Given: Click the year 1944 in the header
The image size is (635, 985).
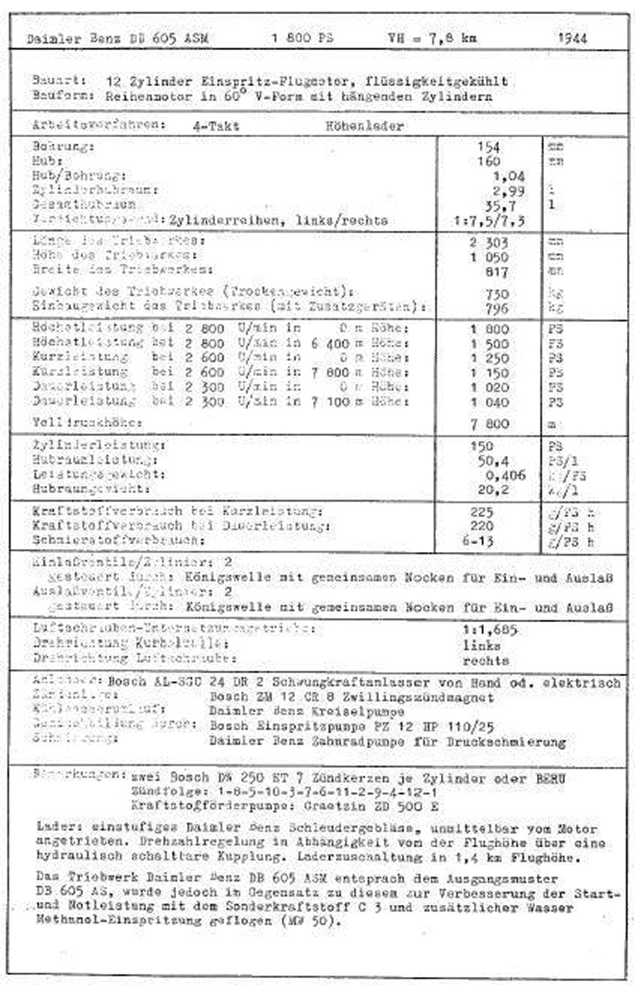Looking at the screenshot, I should tap(572, 38).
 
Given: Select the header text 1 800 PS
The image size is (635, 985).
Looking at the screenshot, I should tap(302, 38).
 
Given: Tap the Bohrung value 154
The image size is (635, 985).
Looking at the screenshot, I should tap(489, 147).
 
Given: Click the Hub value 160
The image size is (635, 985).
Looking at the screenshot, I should tap(489, 161).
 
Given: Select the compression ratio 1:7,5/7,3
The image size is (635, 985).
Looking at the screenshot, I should tap(490, 220).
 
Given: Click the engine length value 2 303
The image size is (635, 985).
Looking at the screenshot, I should tap(489, 243).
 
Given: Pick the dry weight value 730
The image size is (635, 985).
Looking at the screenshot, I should tap(497, 293).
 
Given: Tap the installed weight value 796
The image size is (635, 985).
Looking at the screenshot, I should tap(497, 308).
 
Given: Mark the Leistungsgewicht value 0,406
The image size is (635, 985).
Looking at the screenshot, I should tap(505, 475).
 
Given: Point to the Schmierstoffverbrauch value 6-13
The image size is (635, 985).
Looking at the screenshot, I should tap(478, 541).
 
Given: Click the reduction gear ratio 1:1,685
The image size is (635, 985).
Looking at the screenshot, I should tap(489, 630).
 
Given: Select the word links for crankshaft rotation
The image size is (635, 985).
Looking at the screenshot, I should tap(481, 645).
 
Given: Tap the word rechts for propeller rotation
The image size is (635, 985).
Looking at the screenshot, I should tap(486, 661).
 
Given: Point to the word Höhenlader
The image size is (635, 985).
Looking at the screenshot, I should tap(365, 126).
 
